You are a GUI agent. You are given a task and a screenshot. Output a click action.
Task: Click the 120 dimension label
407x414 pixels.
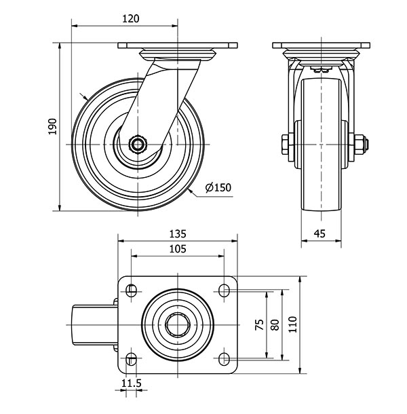pos(131,19)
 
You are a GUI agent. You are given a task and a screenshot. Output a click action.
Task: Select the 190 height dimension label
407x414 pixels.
pos(53,127)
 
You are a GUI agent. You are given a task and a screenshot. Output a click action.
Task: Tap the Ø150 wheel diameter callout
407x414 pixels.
pos(218,187)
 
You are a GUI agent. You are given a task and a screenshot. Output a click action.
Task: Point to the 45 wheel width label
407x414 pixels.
pos(320,233)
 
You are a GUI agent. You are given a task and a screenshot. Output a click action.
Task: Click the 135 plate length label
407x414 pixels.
pos(178,233)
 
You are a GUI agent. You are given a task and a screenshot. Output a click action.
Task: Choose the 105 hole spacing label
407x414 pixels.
pos(178,248)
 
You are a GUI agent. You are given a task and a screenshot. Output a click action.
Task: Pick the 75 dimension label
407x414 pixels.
pos(260,324)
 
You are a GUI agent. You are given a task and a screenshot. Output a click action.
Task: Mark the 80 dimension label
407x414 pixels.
pos(275,324)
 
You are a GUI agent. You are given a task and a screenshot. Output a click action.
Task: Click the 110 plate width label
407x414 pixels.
pos(293,324)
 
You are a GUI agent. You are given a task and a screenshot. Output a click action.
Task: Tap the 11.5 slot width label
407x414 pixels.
pos(132,383)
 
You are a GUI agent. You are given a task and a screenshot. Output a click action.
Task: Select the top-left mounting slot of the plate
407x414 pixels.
pos(132,291)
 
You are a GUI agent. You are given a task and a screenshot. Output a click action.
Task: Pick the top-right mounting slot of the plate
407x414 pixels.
pos(224,290)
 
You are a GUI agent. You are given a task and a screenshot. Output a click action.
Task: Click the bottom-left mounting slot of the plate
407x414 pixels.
pos(131,358)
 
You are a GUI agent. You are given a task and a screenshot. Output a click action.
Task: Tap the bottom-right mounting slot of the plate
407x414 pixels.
pos(224,358)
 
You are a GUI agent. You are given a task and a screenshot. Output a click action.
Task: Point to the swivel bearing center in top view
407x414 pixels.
pos(178,325)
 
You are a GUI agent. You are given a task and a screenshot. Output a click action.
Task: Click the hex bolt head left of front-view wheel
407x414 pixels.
pos(286,145)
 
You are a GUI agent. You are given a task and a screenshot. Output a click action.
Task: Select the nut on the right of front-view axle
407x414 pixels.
pos(360,145)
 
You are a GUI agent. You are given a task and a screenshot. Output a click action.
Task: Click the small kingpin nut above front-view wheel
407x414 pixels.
pos(321,70)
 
